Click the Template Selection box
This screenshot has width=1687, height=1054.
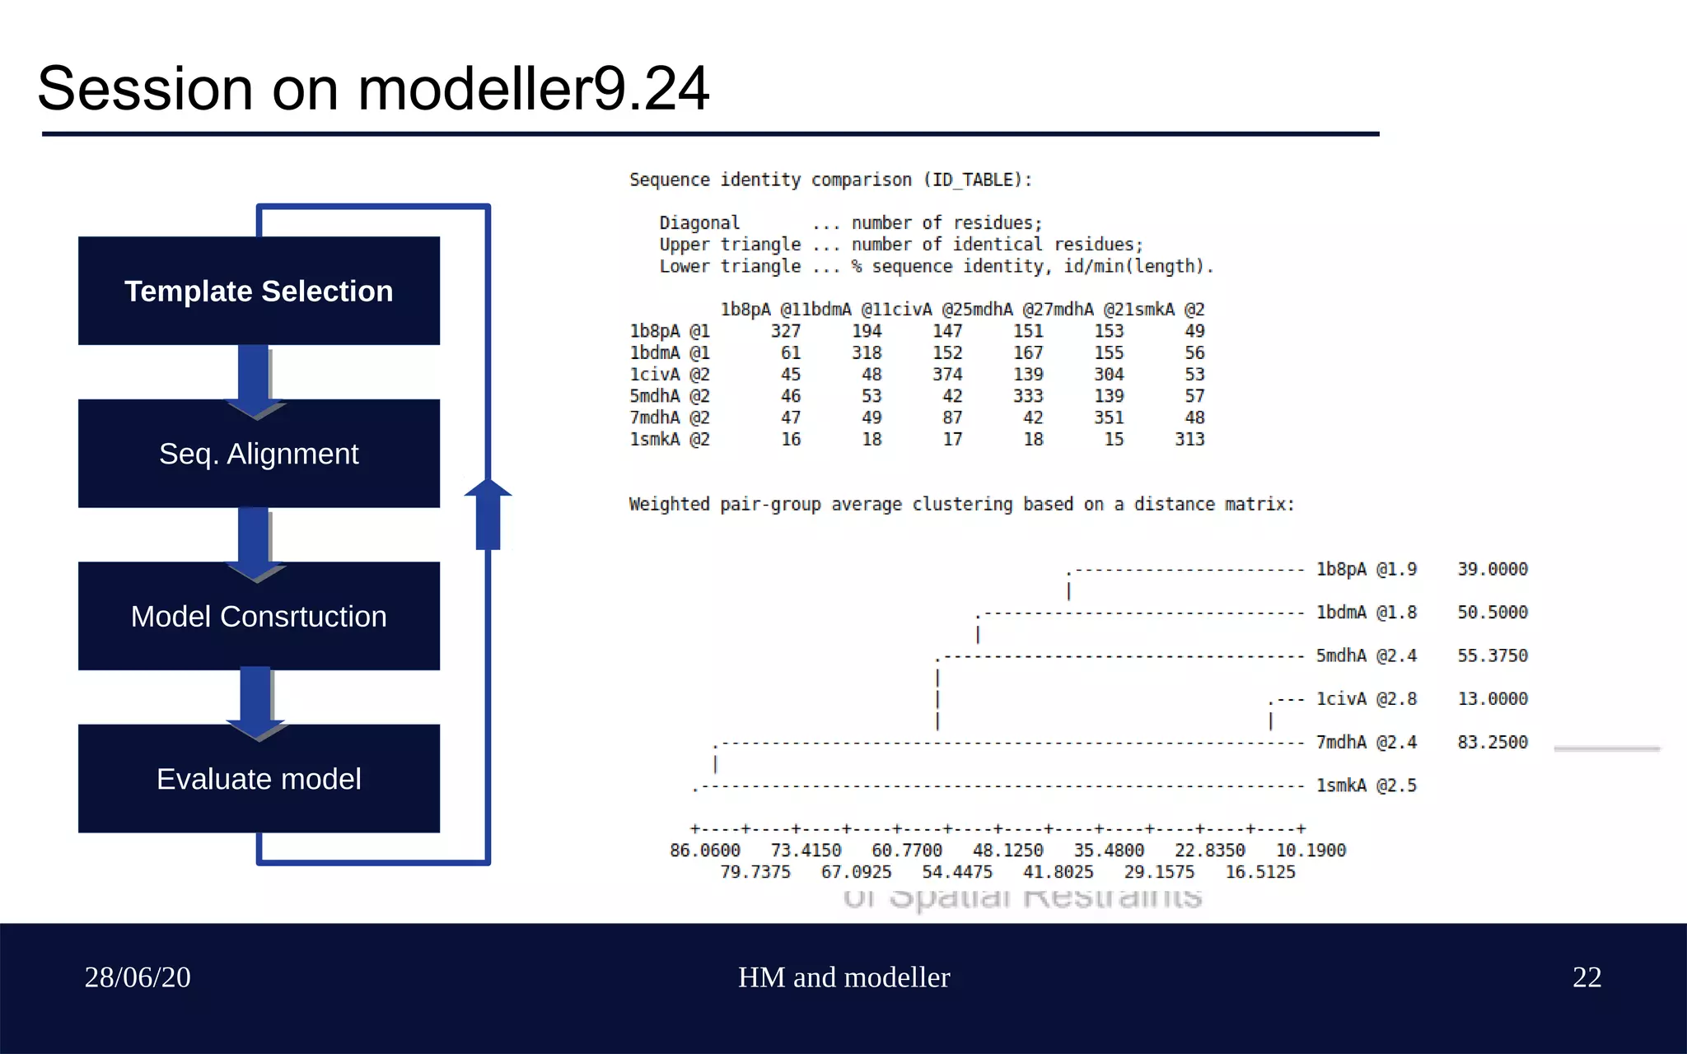point(259,291)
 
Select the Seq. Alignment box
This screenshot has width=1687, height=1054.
point(259,454)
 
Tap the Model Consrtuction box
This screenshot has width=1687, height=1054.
point(259,616)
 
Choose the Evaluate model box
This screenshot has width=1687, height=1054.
point(259,779)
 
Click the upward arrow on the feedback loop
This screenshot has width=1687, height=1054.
point(488,514)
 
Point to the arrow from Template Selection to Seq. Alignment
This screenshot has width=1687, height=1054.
point(255,380)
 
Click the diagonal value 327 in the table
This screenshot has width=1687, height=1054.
point(785,331)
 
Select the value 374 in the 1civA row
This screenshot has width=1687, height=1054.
point(947,375)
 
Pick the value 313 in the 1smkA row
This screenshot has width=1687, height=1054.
point(1189,440)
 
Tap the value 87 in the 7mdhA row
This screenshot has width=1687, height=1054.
point(952,418)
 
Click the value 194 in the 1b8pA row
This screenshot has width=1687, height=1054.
point(867,331)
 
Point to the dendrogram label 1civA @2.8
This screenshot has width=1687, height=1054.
point(1366,699)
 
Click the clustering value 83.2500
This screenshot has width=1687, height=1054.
point(1492,743)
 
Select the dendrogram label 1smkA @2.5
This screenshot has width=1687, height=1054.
point(1366,786)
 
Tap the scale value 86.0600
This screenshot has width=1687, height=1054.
point(705,851)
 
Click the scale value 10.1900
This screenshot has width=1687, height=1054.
point(1311,851)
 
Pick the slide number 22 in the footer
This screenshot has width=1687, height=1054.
point(1587,977)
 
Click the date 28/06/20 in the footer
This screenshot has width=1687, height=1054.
point(138,977)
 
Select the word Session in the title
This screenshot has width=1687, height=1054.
point(145,89)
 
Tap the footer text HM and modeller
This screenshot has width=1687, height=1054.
point(843,977)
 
